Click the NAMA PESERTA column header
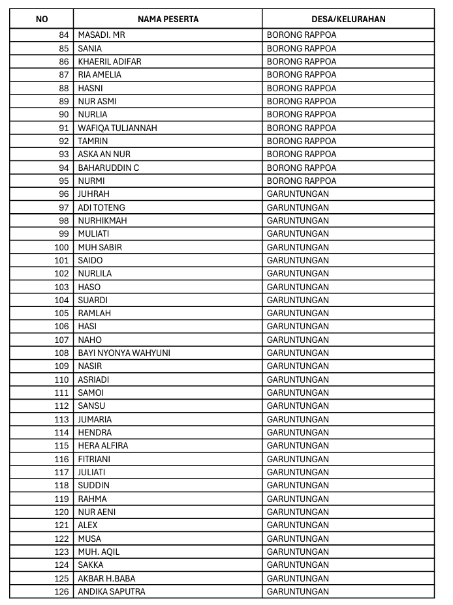168,19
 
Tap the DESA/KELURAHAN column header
348,19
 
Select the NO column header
42,19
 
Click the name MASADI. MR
101,35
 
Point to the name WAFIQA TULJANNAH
117,128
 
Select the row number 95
63,181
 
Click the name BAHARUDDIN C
108,168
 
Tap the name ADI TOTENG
101,207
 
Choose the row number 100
61,247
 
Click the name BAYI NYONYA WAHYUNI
124,353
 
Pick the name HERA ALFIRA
103,445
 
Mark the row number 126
61,591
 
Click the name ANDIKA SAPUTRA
112,591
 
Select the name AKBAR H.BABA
107,578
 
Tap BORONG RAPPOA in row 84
302,35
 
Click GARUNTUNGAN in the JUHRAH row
298,194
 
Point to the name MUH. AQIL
99,552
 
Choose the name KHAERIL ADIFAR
110,61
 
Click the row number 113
61,419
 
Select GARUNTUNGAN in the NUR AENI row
298,512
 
